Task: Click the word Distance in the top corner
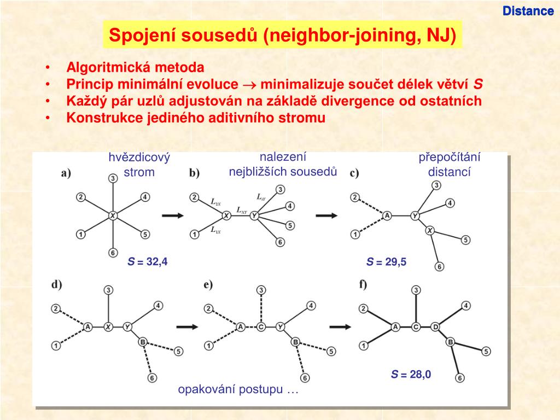[528, 11]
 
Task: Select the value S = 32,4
[148, 262]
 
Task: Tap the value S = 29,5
[387, 262]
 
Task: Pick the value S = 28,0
[411, 375]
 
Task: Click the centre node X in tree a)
[112, 215]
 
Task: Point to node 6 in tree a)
[112, 253]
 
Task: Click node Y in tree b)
[254, 216]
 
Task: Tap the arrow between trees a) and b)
[173, 215]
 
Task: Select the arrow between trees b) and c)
[327, 215]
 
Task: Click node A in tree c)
[387, 216]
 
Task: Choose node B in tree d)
[142, 342]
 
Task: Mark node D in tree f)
[435, 327]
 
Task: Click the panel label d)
[57, 284]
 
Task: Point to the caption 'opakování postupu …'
[238, 390]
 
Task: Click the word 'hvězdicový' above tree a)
[139, 158]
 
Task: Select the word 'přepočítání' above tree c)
[450, 157]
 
